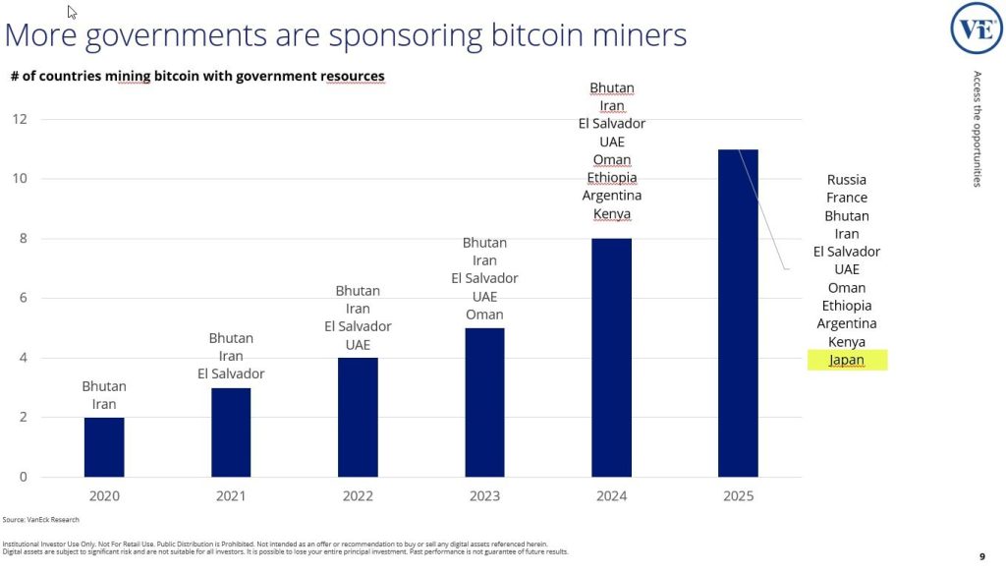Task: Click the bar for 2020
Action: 104,447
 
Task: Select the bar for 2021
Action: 231,432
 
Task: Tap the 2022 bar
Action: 358,418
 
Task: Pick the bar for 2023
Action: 484,403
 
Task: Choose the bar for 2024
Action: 611,358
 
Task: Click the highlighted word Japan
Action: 846,360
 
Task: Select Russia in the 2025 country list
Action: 846,180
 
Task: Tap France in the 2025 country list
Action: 846,198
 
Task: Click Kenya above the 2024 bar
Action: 612,214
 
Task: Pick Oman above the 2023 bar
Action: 484,315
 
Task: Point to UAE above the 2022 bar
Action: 358,345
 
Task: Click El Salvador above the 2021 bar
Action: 231,373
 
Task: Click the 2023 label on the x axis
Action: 484,496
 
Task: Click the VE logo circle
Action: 976,28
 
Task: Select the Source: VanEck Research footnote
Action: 41,519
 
